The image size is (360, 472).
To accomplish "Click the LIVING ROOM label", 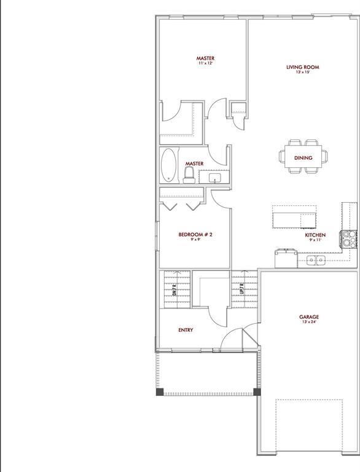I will coord(303,67).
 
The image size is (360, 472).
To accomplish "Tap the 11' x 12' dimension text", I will coord(206,64).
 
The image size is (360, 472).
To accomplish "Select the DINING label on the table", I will coord(303,158).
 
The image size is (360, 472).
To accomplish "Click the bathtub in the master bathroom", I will coord(168,165).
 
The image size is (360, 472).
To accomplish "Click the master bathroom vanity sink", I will coord(215,178).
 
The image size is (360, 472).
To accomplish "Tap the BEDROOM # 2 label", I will coord(195,234).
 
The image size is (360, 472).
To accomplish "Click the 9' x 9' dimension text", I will coord(195,240).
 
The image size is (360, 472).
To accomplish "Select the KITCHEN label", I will coord(315,235).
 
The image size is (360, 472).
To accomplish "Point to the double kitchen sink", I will coord(317,261).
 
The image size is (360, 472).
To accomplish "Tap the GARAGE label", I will coord(309,317).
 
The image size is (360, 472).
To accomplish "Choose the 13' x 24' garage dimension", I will coord(309,323).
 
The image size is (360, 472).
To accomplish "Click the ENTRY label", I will coord(186,330).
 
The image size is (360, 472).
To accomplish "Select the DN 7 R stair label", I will coord(176,288).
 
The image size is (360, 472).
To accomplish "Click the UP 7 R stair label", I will coord(243,288).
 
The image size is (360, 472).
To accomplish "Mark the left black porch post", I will coord(160,392).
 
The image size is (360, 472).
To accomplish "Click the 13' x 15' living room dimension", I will coord(302,73).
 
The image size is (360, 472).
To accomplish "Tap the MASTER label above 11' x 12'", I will coord(206,58).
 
